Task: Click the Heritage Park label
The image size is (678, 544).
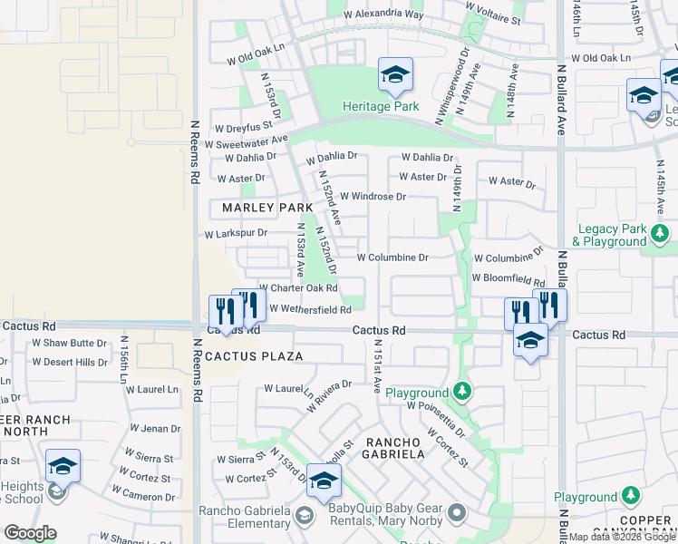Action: point(380,106)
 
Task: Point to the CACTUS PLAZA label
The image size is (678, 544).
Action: point(254,356)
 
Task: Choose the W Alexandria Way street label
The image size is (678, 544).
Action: point(384,15)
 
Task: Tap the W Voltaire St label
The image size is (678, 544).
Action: point(493,18)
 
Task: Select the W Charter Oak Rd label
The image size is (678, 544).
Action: point(298,288)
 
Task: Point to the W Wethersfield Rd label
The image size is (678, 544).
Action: point(310,309)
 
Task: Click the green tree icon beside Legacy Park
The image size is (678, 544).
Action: point(660,234)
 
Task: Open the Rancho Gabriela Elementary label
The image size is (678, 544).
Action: point(246,523)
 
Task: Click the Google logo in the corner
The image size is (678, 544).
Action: point(29,533)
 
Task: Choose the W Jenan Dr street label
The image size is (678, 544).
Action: point(155,428)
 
